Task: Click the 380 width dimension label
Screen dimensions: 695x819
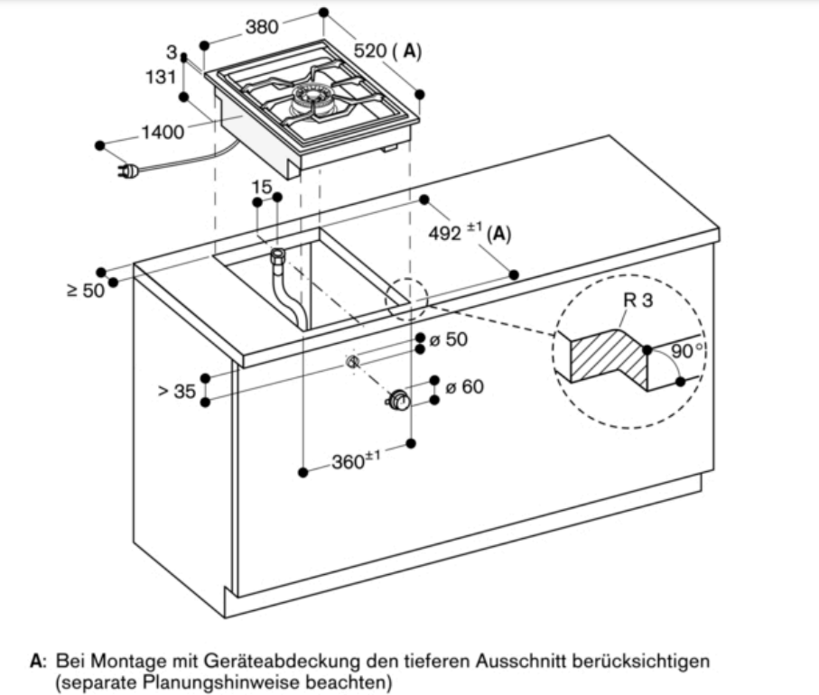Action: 262,27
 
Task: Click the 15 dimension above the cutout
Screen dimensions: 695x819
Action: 262,187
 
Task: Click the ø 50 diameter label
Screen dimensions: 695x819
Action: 448,340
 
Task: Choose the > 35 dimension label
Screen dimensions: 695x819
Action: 176,391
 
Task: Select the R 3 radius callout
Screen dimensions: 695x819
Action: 638,301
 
